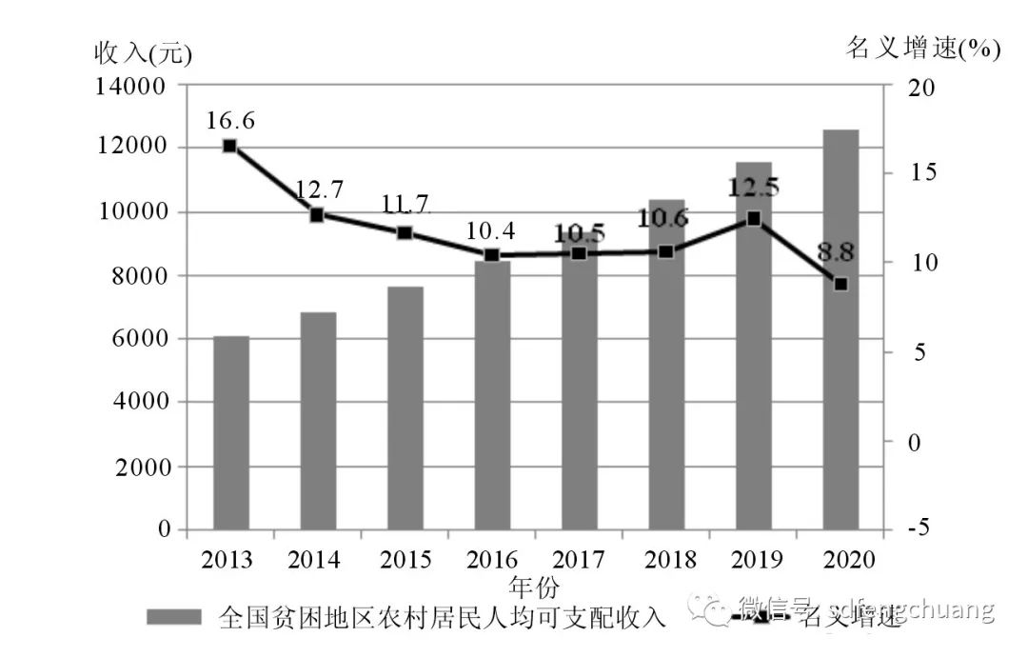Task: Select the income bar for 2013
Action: coord(230,432)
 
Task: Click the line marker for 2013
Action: coord(229,146)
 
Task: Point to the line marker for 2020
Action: coord(840,284)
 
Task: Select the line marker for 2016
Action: coord(491,255)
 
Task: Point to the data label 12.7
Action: coord(318,189)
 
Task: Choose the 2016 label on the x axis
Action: coord(492,559)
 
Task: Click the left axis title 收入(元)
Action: coord(143,53)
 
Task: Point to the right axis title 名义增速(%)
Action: coord(922,49)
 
